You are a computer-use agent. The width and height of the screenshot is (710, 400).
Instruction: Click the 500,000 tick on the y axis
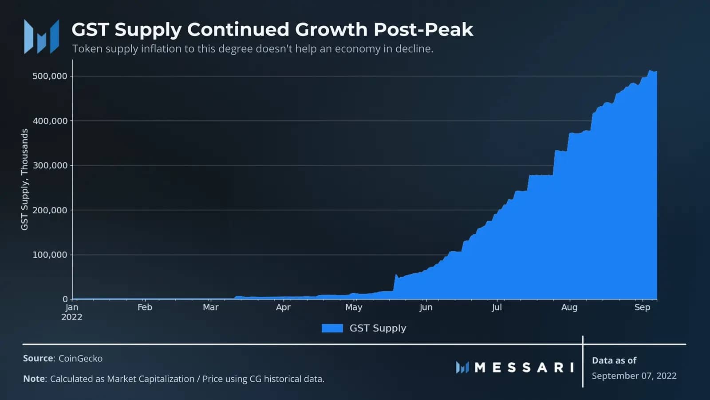click(x=50, y=76)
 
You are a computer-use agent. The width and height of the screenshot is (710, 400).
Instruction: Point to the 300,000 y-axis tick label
click(x=50, y=165)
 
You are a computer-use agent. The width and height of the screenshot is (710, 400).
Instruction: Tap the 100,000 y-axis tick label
click(x=50, y=255)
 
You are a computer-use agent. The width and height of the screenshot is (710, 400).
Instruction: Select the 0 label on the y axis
click(x=65, y=299)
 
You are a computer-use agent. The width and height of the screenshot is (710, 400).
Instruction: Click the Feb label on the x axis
click(x=145, y=307)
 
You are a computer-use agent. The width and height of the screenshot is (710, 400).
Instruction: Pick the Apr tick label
click(x=283, y=307)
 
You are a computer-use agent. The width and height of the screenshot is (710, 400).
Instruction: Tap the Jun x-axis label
click(x=426, y=307)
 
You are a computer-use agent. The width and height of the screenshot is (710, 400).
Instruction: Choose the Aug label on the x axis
click(x=569, y=307)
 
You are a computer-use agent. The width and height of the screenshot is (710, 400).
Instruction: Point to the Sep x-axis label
click(x=642, y=307)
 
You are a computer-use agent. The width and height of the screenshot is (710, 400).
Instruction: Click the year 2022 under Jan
click(x=72, y=317)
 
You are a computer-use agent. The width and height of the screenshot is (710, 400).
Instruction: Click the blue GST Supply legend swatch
click(x=332, y=328)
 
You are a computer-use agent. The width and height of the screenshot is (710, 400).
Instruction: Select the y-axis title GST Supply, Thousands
click(x=24, y=180)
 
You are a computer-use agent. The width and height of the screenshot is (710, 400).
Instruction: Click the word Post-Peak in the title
click(x=423, y=29)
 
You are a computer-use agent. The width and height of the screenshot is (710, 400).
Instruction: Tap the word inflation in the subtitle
click(x=161, y=49)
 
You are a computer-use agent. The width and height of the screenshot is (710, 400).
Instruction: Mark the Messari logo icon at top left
click(x=41, y=36)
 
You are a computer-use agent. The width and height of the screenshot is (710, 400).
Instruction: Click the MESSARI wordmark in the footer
click(x=524, y=368)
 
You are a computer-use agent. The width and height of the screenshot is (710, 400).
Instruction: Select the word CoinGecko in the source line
click(x=80, y=358)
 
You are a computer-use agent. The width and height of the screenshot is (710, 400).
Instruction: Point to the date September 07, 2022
click(x=634, y=376)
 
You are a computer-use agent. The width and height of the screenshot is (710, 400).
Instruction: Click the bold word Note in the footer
click(x=34, y=379)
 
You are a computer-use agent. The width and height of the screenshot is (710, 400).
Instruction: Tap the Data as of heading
click(x=614, y=360)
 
